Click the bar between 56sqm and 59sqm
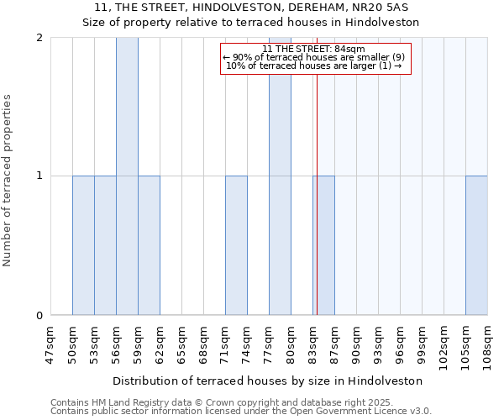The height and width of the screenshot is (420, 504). point(127,176)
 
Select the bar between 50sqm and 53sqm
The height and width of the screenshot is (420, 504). point(83,245)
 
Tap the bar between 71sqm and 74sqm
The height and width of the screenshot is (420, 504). point(236,245)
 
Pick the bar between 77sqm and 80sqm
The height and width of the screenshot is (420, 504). point(280,176)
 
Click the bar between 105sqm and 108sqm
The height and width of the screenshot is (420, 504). point(476,245)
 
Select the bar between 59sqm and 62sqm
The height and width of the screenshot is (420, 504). point(149,245)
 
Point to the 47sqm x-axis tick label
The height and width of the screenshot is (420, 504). point(50,344)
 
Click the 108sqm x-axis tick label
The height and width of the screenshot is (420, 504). point(487,347)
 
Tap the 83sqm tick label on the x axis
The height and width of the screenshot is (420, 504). point(312,344)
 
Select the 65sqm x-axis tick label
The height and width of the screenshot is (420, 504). point(181,344)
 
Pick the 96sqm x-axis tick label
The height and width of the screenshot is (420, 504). point(400,344)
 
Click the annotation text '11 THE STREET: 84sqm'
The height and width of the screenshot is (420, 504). point(314,49)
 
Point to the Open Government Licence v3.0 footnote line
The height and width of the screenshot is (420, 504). point(241,412)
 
